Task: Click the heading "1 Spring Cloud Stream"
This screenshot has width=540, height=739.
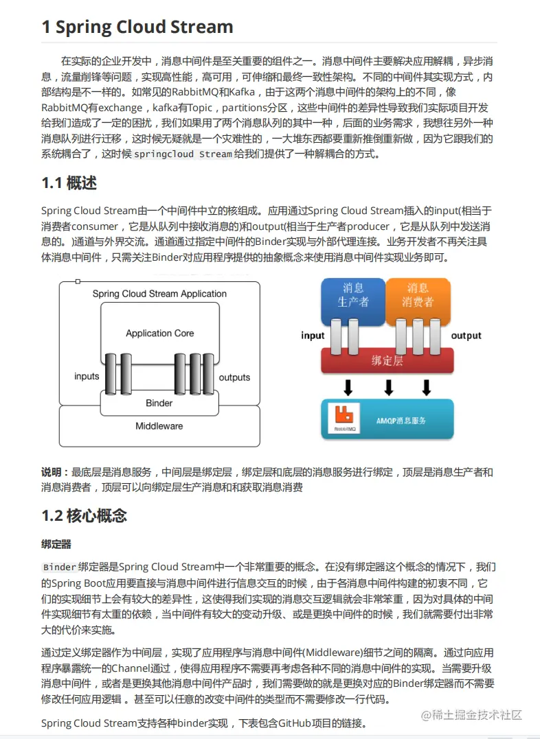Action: [137, 27]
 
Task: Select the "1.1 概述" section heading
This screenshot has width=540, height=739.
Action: [69, 183]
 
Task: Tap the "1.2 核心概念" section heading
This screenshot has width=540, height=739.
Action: [84, 515]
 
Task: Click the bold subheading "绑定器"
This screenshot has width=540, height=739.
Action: [56, 544]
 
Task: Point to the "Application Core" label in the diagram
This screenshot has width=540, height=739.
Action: [159, 333]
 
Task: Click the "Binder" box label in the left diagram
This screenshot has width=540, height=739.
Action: [159, 403]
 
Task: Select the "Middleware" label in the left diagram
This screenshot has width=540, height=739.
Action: [159, 426]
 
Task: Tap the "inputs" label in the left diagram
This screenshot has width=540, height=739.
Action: [87, 377]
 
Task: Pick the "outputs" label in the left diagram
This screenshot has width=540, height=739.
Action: [234, 377]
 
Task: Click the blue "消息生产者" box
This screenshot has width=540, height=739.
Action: [353, 295]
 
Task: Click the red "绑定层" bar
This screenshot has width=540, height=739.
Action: [387, 360]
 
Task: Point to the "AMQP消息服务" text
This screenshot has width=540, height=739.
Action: [401, 420]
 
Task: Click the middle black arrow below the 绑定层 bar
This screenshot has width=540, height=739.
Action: [388, 388]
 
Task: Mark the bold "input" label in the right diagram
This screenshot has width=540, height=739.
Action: [313, 336]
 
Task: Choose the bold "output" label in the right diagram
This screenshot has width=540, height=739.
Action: [466, 336]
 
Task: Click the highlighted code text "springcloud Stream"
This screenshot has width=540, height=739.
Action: [183, 154]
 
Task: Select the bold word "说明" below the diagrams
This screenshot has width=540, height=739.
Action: [52, 472]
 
